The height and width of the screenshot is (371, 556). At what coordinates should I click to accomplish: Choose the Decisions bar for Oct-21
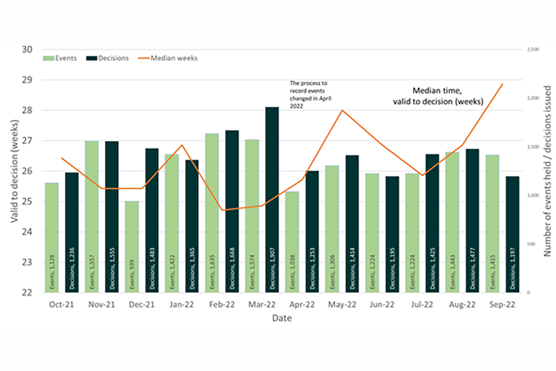tap(72, 232)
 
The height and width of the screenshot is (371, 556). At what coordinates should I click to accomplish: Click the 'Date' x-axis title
tap(283, 318)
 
